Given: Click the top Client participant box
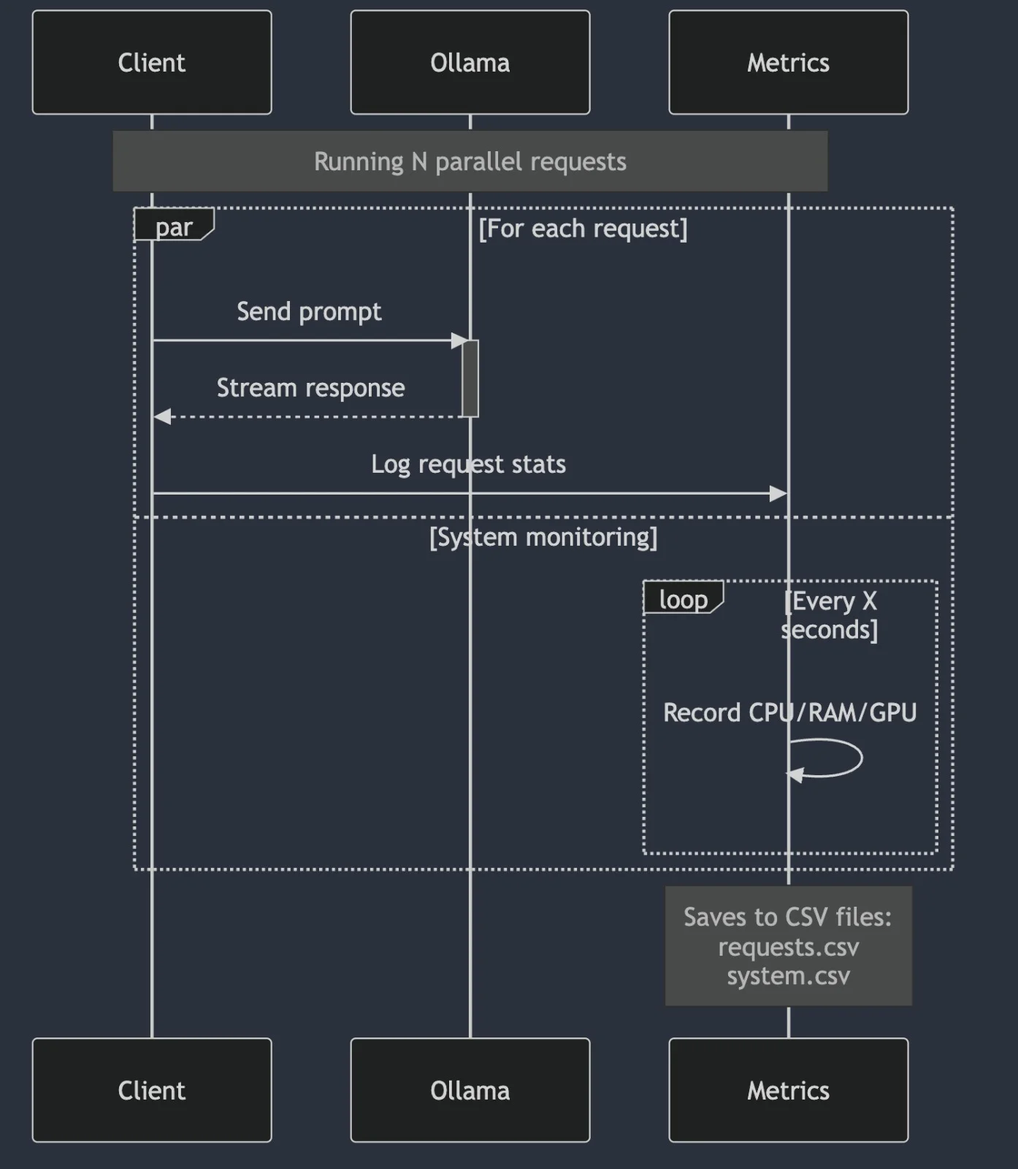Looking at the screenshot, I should tap(152, 62).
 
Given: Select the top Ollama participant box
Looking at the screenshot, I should tap(470, 62).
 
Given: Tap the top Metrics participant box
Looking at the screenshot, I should tap(788, 62).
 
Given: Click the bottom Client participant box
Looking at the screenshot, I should tap(152, 1089).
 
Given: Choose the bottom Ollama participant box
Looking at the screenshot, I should tap(470, 1089).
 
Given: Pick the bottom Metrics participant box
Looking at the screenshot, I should tap(788, 1089).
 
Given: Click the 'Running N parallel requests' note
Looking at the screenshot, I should tap(470, 161).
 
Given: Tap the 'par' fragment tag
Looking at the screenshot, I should tap(173, 226).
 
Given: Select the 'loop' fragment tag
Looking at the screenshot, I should tap(683, 598).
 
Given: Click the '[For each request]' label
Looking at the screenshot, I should tap(583, 229).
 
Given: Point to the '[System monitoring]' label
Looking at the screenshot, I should tap(543, 537).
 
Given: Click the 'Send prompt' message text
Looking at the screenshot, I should tap(309, 312).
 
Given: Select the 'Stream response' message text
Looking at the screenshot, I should tap(310, 388).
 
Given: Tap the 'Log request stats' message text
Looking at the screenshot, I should tap(468, 465).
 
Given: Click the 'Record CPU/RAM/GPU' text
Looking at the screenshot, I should tap(789, 712).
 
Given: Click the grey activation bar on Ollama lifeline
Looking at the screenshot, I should tap(470, 378).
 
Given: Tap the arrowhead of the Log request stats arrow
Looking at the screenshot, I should tap(778, 494).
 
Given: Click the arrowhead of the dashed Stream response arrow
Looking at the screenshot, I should tap(162, 416).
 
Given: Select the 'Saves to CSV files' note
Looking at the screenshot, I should tap(788, 945).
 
